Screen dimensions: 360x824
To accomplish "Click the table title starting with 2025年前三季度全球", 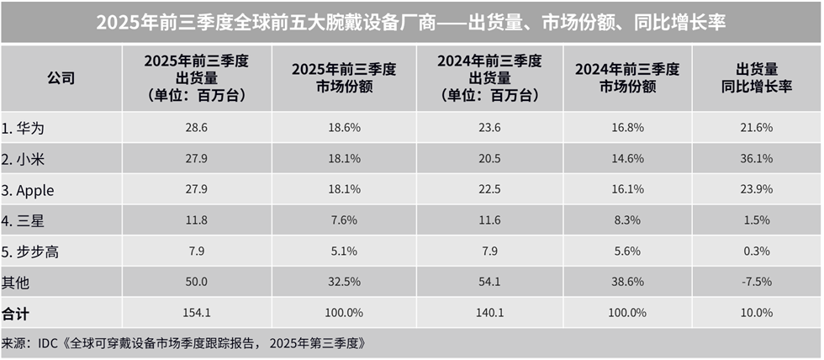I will (411, 23).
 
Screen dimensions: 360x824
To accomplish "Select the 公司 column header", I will (61, 78).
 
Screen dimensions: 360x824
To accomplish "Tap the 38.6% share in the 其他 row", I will (627, 283).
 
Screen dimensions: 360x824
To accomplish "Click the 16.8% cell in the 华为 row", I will (627, 127).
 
